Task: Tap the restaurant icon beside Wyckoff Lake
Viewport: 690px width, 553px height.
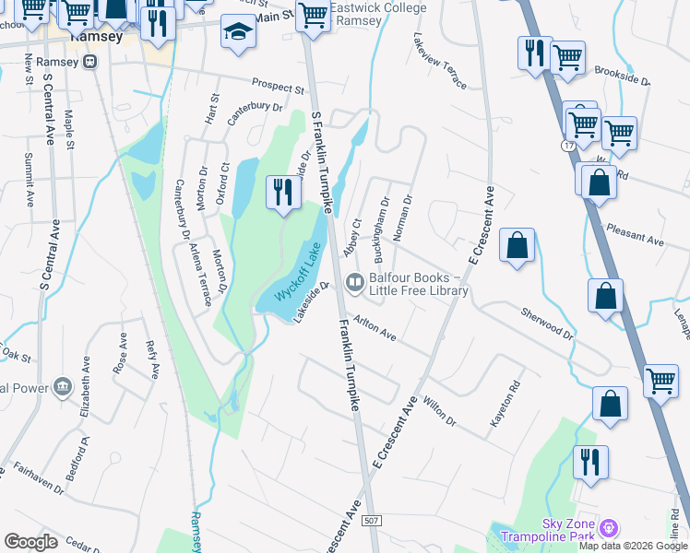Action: pos(283,192)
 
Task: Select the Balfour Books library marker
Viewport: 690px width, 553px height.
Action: pos(353,281)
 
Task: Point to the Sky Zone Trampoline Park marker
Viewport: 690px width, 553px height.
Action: pos(607,528)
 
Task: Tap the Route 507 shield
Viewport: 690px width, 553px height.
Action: pos(371,522)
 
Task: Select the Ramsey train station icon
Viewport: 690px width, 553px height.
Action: pos(89,62)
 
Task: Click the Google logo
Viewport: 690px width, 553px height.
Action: pos(30,541)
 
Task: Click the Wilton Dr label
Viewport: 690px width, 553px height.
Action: pos(438,411)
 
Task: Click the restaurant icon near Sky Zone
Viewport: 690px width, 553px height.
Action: pos(590,462)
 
